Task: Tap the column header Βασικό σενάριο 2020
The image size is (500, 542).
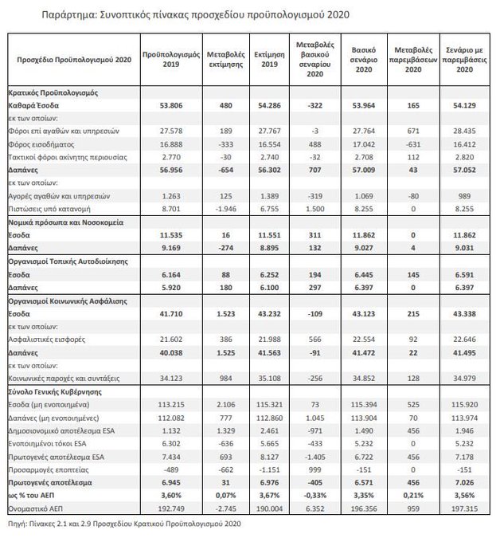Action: (364, 60)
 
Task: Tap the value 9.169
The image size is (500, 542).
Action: (164, 248)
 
